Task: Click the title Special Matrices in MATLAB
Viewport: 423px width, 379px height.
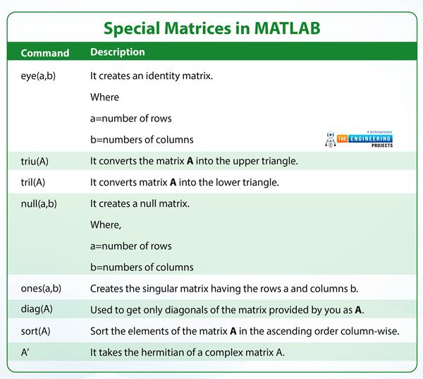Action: [x=211, y=28]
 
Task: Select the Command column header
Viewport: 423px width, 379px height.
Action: [x=45, y=53]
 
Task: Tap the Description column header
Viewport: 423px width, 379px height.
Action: [x=118, y=52]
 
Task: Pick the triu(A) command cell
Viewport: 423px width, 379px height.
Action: [x=35, y=161]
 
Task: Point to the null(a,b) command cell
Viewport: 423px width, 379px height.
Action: [x=39, y=204]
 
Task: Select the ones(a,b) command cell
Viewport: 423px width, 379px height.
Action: [x=41, y=289]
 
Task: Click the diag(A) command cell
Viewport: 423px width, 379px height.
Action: [x=36, y=310]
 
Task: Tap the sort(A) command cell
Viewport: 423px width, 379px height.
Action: [x=35, y=331]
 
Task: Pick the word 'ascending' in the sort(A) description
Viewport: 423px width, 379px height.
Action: [x=283, y=331]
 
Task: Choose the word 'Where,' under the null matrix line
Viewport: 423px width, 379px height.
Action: [x=106, y=225]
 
